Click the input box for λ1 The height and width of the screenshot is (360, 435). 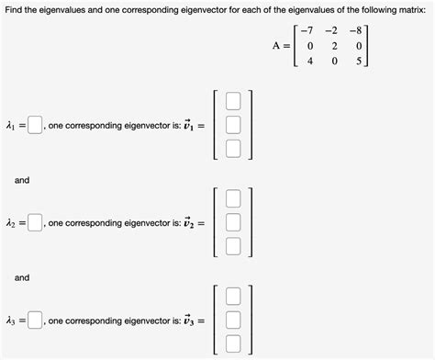pyautogui.click(x=35, y=124)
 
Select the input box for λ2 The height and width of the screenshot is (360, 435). pyautogui.click(x=35, y=221)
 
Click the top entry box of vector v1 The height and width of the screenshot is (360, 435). pyautogui.click(x=234, y=100)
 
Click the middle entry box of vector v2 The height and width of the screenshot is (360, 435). pyautogui.click(x=234, y=221)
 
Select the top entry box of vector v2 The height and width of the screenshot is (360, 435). pyautogui.click(x=234, y=197)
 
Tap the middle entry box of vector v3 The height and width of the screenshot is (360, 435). pyautogui.click(x=234, y=320)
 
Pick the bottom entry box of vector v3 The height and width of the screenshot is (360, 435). pyautogui.click(x=234, y=343)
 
